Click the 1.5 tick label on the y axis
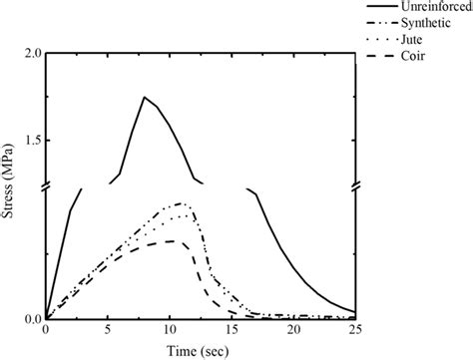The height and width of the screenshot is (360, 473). (29, 142)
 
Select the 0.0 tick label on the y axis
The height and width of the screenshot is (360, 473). (29, 319)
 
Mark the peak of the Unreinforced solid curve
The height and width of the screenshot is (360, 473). (145, 97)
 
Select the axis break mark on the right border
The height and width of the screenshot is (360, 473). (355, 186)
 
